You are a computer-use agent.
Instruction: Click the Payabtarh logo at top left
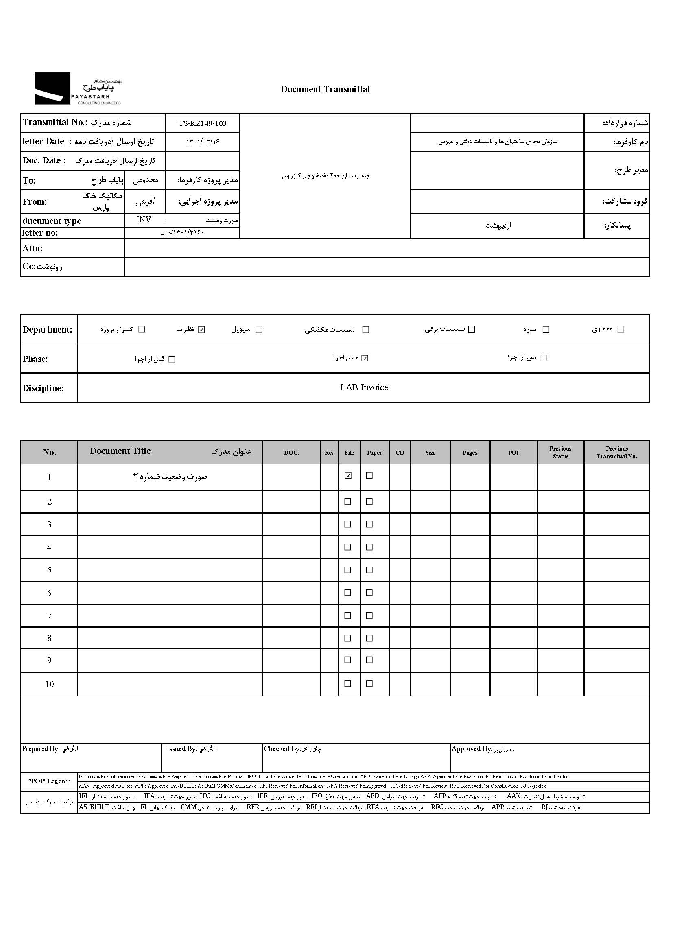78,88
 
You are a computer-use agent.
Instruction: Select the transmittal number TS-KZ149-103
202,123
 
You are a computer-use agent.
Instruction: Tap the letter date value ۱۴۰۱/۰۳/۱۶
202,142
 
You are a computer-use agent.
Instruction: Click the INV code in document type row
144,220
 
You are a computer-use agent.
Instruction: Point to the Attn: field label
33,248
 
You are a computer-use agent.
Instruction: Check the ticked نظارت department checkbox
202,330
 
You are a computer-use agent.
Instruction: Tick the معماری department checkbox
621,329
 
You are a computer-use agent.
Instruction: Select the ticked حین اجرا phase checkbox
365,358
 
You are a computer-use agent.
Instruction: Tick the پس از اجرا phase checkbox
544,358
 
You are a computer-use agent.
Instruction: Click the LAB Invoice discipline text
364,388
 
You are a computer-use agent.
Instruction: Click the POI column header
513,453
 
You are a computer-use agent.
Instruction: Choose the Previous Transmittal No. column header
616,452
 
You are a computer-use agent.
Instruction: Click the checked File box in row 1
348,475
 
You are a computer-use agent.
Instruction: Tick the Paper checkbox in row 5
369,570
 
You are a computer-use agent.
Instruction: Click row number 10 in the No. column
49,684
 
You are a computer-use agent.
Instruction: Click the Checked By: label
282,749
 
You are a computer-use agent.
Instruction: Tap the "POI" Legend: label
49,781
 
